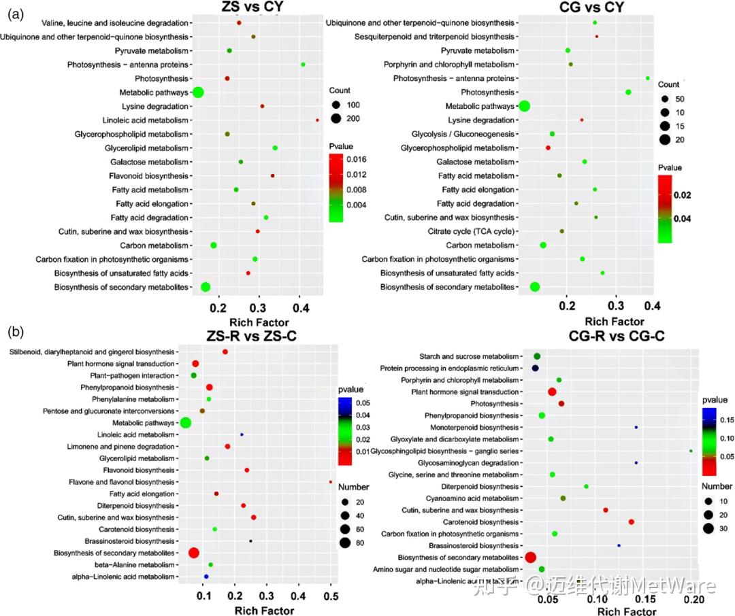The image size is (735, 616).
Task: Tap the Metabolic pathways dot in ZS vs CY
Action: coord(198,92)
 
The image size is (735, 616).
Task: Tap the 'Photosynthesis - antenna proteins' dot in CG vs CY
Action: coord(647,78)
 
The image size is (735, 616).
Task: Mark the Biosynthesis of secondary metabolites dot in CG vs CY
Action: coord(535,287)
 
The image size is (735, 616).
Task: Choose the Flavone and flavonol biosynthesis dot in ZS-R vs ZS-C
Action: coord(331,482)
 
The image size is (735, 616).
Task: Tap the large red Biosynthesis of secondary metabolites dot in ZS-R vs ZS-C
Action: coord(193,553)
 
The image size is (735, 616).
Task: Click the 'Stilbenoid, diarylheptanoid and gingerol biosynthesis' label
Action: coord(92,352)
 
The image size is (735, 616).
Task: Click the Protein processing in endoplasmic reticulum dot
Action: coord(536,368)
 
